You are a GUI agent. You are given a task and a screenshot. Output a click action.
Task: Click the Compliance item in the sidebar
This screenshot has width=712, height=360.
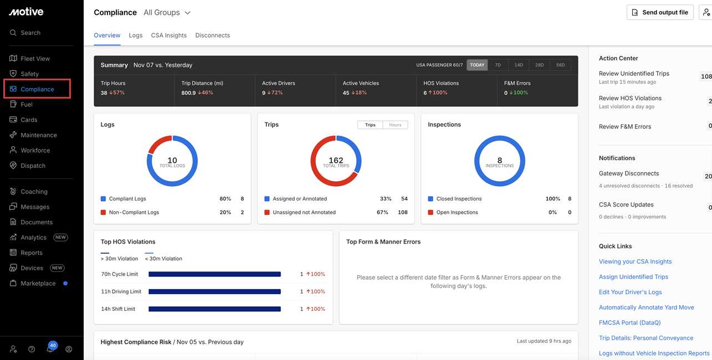pyautogui.click(x=37, y=89)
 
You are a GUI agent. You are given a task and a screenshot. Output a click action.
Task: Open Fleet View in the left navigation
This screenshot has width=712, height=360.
pyautogui.click(x=35, y=59)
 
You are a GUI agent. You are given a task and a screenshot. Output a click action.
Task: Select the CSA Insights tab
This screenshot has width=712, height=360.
pyautogui.click(x=168, y=35)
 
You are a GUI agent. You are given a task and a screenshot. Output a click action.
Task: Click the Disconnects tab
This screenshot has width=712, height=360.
pyautogui.click(x=212, y=35)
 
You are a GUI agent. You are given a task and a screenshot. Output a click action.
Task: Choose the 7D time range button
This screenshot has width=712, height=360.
pyautogui.click(x=498, y=65)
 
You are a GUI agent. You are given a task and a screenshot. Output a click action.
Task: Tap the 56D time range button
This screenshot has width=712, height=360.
pyautogui.click(x=560, y=65)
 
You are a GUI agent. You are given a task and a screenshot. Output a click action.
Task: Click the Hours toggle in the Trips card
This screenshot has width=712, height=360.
pyautogui.click(x=395, y=125)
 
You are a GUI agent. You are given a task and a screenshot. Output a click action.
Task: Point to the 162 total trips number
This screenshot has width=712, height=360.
pyautogui.click(x=336, y=161)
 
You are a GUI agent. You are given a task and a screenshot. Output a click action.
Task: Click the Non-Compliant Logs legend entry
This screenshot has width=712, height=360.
pyautogui.click(x=134, y=212)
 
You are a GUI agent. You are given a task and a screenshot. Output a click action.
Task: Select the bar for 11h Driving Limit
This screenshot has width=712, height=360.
pyautogui.click(x=214, y=292)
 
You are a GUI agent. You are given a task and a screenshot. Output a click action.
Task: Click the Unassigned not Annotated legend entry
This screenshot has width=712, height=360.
pyautogui.click(x=304, y=212)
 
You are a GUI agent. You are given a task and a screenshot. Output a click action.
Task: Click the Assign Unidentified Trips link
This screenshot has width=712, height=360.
pyautogui.click(x=633, y=277)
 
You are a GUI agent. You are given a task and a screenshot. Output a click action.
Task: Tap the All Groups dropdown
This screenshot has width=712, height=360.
pyautogui.click(x=167, y=13)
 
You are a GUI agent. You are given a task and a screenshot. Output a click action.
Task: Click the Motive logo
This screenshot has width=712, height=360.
pyautogui.click(x=26, y=12)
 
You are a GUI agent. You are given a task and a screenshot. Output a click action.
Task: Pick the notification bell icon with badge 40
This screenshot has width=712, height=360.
pyautogui.click(x=51, y=349)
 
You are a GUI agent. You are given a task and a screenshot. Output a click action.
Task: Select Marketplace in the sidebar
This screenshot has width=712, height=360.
pyautogui.click(x=38, y=284)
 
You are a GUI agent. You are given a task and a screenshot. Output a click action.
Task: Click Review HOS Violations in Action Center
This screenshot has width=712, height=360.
pyautogui.click(x=630, y=99)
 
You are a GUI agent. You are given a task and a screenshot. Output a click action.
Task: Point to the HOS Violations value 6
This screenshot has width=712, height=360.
pyautogui.click(x=425, y=93)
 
